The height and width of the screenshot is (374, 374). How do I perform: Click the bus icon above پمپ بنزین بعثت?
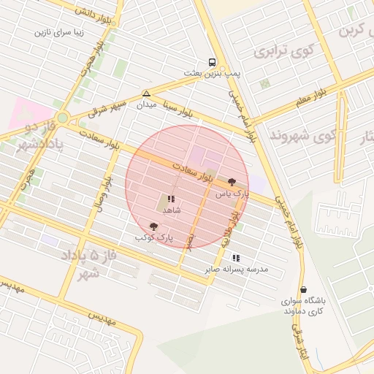[212, 62]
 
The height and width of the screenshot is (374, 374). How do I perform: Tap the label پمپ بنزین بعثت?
[212, 75]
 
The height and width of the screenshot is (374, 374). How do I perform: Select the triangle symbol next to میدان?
[147, 94]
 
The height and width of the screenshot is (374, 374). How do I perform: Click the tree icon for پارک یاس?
[232, 182]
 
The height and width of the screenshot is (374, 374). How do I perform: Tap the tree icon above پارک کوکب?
[153, 226]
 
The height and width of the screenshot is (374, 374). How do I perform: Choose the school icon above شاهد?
[171, 199]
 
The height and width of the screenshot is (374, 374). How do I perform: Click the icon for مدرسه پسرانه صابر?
[236, 258]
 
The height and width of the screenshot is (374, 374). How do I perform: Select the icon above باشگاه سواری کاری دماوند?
[304, 289]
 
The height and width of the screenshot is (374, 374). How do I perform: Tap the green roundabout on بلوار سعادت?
[63, 117]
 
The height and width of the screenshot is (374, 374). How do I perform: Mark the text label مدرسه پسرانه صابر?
[236, 270]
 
